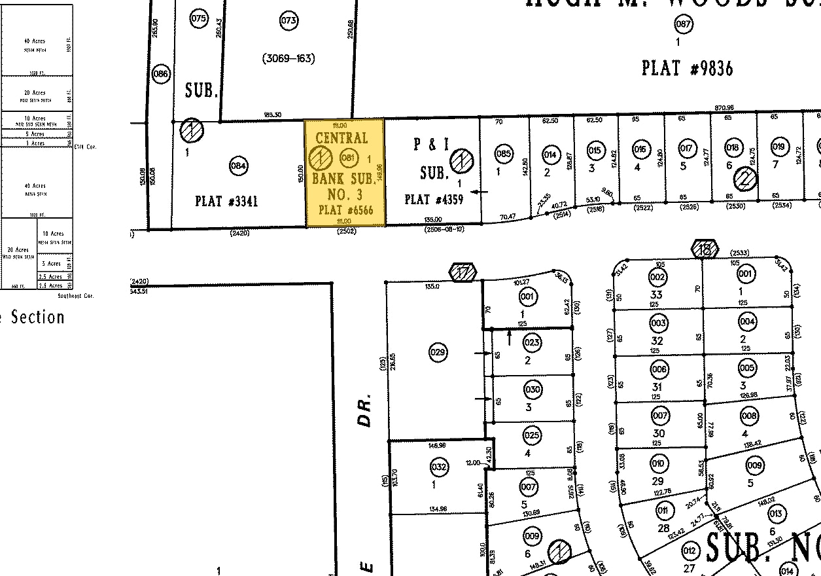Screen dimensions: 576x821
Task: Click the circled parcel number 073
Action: (288, 20)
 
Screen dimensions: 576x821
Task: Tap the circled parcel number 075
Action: (199, 18)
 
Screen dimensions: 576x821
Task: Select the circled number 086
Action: (160, 74)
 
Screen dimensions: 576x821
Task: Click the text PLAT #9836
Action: (687, 68)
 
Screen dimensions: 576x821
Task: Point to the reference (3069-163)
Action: (288, 58)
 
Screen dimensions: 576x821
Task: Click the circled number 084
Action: (238, 166)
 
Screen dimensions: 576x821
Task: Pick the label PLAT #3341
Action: (226, 201)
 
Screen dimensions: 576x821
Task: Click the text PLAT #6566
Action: (345, 210)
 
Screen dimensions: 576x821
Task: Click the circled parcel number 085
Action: (503, 154)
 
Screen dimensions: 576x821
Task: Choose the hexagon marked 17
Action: (463, 272)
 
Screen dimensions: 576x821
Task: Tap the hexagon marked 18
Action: (705, 249)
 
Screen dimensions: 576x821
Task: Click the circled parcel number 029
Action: (438, 353)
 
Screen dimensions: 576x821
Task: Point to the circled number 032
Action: (439, 467)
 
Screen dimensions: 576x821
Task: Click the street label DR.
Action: (365, 410)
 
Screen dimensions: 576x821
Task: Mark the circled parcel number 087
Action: (683, 25)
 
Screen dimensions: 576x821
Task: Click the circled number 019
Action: (778, 147)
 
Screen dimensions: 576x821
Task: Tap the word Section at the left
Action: (37, 317)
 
